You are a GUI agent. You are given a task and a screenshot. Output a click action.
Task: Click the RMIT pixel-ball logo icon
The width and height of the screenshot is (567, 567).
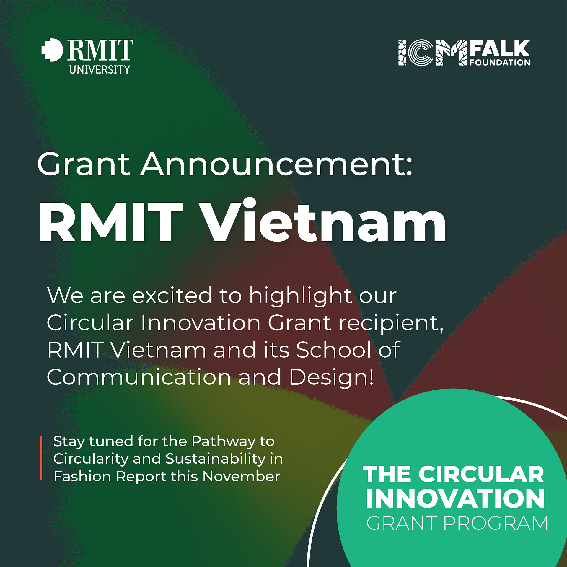point(52,50)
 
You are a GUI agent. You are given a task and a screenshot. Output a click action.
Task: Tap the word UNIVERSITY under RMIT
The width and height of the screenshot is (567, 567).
point(100,70)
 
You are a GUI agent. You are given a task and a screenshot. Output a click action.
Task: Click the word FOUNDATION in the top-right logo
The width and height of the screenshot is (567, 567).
point(500,63)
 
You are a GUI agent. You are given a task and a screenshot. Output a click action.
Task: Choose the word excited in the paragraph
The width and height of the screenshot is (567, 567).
point(172,295)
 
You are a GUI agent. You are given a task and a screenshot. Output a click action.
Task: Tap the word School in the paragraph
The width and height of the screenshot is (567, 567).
point(333,350)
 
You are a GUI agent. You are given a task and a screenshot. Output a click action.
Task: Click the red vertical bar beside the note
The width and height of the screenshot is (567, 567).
point(41,458)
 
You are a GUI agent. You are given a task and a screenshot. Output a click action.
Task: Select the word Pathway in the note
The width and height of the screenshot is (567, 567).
point(223,441)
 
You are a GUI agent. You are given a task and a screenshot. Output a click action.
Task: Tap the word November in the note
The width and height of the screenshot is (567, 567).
point(241,476)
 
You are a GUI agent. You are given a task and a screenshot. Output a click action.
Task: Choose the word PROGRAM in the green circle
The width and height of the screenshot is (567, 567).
point(496,523)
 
